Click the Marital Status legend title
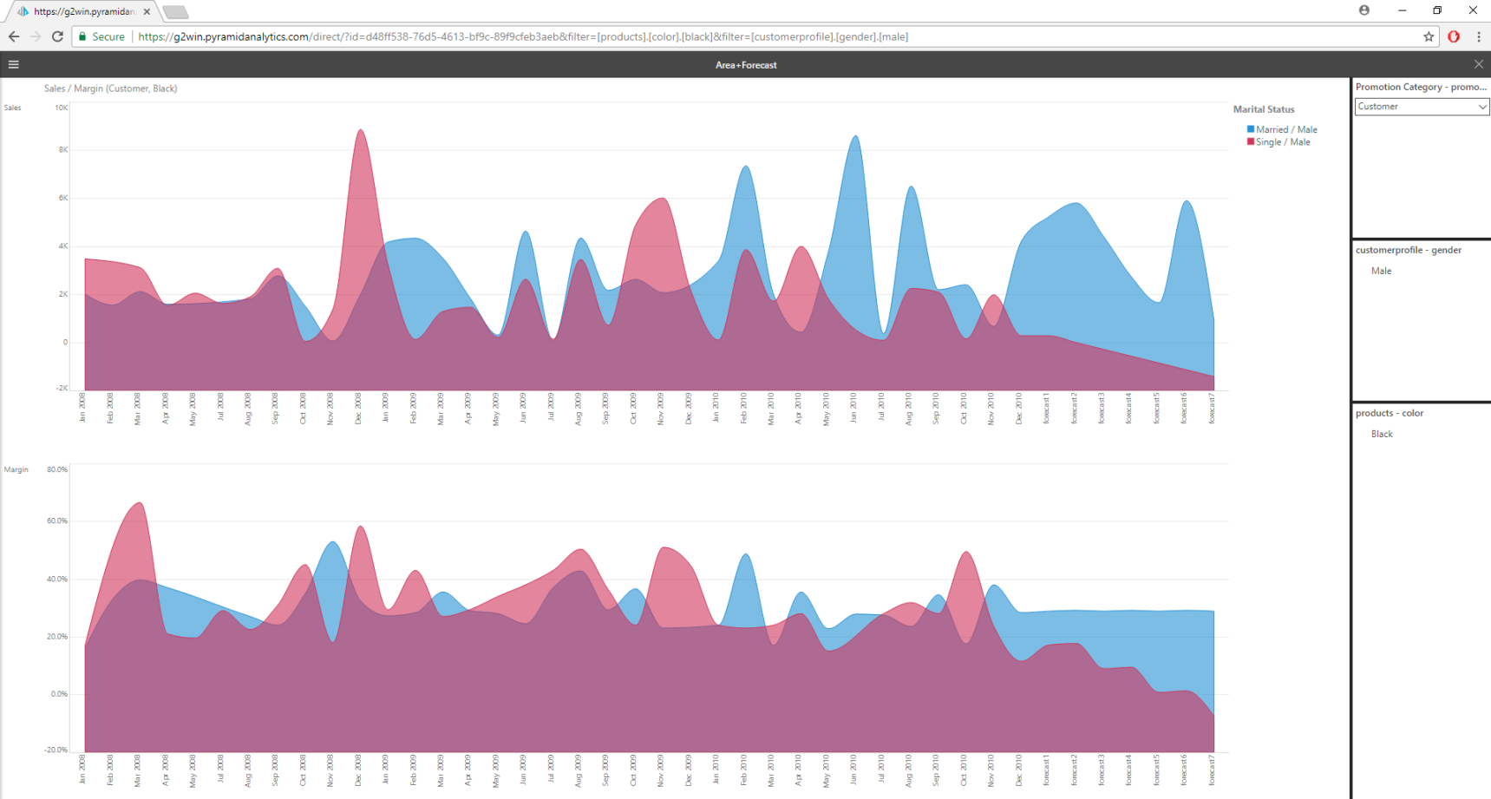pos(1264,109)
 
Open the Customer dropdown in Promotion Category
pos(1421,107)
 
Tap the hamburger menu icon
pos(14,64)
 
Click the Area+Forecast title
pos(746,65)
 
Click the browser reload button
pos(57,36)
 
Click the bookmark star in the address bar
pos(1429,36)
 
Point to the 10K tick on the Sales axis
pos(62,108)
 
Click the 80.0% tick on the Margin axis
pos(57,469)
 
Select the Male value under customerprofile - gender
pos(1381,271)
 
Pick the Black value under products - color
pos(1382,434)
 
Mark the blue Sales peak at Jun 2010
pos(855,139)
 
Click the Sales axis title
pos(12,108)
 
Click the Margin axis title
pos(16,469)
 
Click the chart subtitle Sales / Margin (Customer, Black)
pos(111,88)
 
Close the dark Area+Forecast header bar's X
pos(1479,64)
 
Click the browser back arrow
pos(14,36)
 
